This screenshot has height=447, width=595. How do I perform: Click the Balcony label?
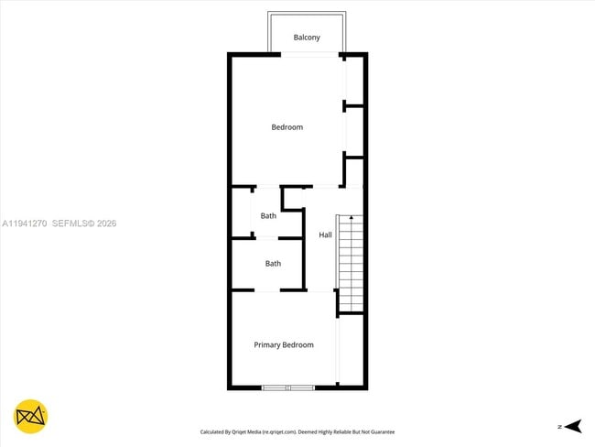pos(307,38)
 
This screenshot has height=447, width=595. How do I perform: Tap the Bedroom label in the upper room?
pos(287,127)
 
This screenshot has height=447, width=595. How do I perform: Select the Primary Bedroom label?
pos(284,345)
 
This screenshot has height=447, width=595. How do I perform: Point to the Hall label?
pos(325,235)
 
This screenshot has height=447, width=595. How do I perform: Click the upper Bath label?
pos(268,216)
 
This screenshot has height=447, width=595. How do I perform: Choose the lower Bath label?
pos(273,264)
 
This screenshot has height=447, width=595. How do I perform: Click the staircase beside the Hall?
pos(351,266)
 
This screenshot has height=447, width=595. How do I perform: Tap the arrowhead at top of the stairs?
pos(351,219)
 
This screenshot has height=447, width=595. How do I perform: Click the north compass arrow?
pos(573,426)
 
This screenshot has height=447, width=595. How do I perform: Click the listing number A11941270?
pos(25,223)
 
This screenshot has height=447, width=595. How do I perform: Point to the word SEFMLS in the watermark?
pos(69,223)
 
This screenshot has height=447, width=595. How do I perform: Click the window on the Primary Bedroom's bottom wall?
pos(287,388)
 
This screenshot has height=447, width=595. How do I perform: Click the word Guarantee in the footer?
pos(382,431)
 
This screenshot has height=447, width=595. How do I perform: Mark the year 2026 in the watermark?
pos(105,223)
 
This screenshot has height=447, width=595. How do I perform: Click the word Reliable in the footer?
pos(337,431)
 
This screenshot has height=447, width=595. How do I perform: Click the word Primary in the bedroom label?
pos(267,345)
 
